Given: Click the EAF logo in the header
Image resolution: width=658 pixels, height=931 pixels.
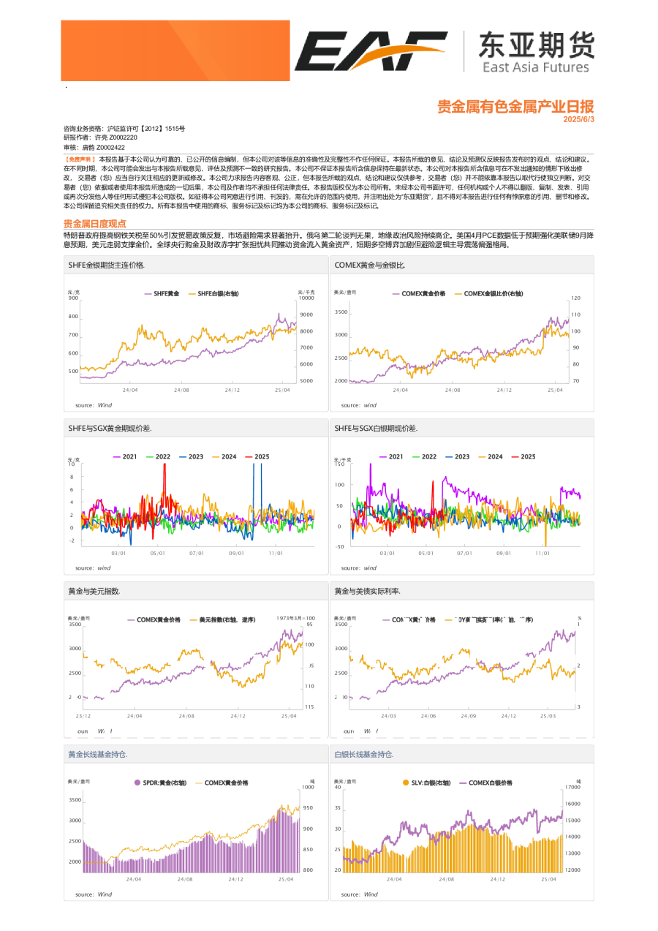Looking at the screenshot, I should [371, 51].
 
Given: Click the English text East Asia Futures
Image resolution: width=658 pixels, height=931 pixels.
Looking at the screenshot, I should [535, 67].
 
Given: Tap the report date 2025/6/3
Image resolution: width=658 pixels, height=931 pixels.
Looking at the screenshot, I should [579, 118].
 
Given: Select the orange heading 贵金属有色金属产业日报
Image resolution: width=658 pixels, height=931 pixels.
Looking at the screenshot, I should [515, 107].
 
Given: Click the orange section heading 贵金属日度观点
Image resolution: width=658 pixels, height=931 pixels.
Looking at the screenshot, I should [95, 224].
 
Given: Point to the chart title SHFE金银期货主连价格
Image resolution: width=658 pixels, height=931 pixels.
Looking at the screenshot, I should [106, 264].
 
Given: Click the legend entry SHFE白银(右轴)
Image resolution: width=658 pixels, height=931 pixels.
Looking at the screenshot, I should [219, 293].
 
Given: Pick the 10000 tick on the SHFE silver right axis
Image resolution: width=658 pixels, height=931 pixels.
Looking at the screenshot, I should [306, 298].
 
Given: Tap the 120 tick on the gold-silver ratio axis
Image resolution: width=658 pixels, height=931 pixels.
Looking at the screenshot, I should [575, 298].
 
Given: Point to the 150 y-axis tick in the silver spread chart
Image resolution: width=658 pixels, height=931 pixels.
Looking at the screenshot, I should [339, 464].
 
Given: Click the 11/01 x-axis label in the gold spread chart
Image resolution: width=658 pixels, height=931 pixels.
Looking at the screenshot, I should [276, 554].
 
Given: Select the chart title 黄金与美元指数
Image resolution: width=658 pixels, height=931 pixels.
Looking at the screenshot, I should [94, 590].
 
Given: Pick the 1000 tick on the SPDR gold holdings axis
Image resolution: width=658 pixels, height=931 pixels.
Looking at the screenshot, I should [308, 787].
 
